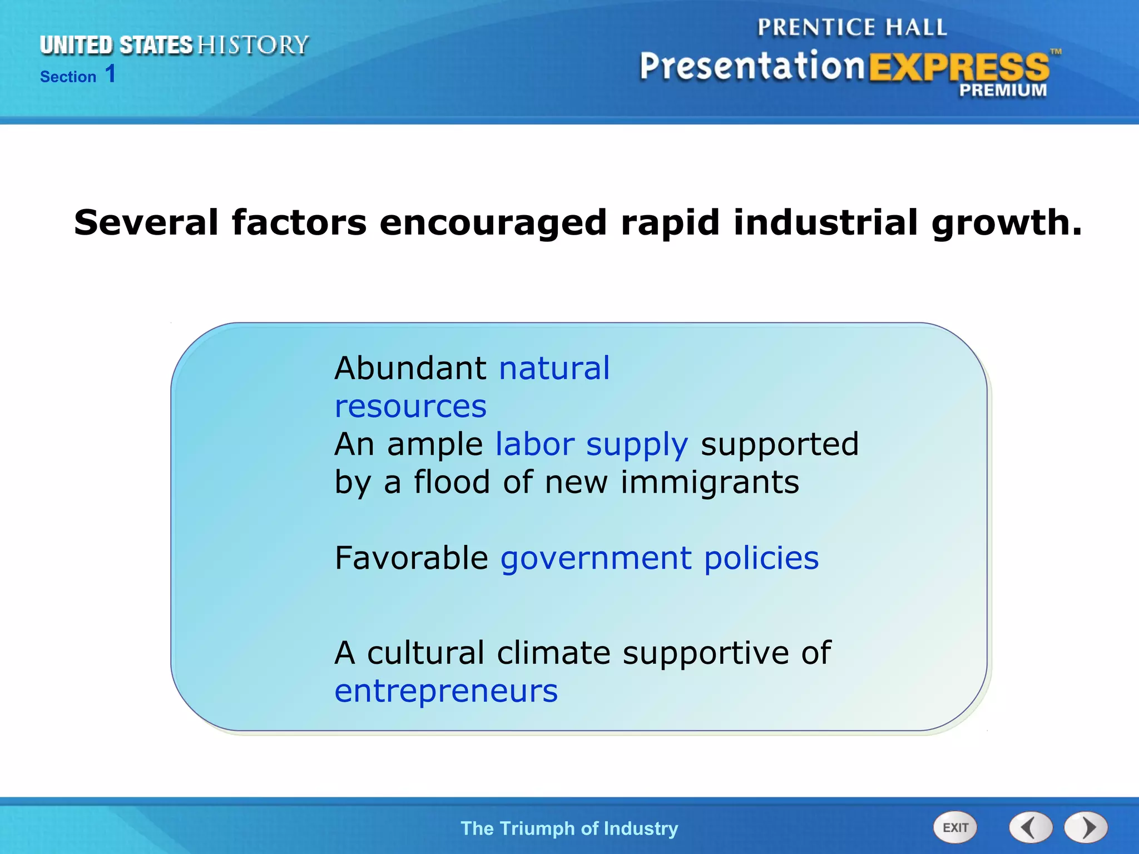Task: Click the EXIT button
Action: [955, 827]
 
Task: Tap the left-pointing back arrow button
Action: [1031, 827]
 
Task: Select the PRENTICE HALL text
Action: [852, 27]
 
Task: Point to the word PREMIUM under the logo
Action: [1003, 90]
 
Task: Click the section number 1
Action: [111, 74]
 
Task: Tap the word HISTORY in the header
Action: [253, 45]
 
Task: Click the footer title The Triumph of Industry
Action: [569, 828]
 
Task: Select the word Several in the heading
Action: [146, 222]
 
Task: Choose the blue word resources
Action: [410, 406]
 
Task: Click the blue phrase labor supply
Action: [592, 445]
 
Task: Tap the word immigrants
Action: [710, 482]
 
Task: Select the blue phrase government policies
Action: [660, 558]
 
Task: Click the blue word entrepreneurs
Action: [446, 691]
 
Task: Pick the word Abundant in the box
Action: [410, 368]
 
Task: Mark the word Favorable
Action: [412, 558]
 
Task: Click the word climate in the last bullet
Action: [554, 653]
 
